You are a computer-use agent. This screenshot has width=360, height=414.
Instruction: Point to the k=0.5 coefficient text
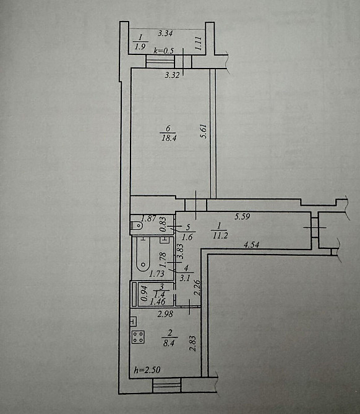[x=165, y=51]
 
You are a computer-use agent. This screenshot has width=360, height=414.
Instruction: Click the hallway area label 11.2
[x=221, y=235]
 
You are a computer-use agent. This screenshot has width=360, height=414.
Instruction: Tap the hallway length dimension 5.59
[x=242, y=217]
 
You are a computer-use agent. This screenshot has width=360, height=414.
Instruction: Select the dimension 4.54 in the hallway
[x=252, y=246]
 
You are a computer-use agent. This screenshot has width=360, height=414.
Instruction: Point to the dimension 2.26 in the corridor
[x=197, y=289]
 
